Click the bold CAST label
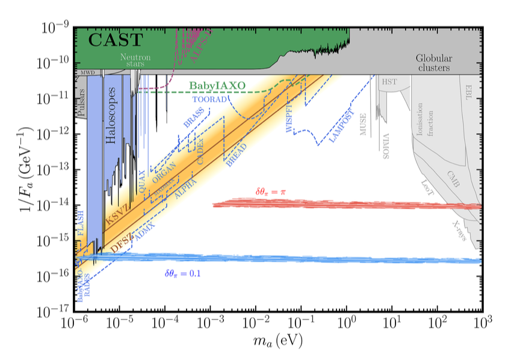pyautogui.click(x=116, y=41)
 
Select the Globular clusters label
pyautogui.click(x=434, y=63)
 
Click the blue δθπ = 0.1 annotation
pyautogui.click(x=182, y=273)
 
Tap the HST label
pyautogui.click(x=389, y=81)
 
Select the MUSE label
pyautogui.click(x=363, y=123)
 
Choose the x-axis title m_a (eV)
pyautogui.click(x=277, y=341)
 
